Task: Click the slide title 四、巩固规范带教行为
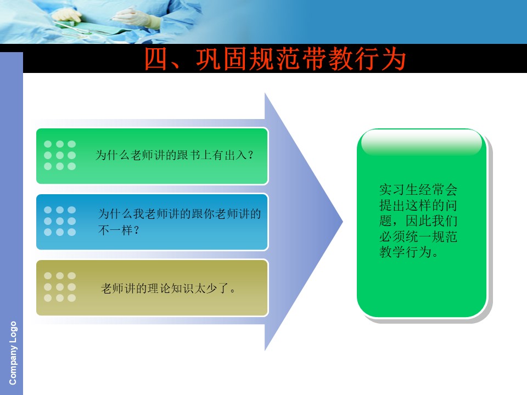[275, 59]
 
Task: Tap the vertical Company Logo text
[13, 353]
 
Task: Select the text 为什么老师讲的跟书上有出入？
[175, 155]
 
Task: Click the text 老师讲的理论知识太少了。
[169, 288]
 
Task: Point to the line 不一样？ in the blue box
[119, 230]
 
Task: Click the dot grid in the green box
[60, 155]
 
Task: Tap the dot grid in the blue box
[60, 221]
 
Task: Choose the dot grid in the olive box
[60, 287]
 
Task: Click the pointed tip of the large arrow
[343, 221]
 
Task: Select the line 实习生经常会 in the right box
[418, 189]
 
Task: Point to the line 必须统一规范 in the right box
[418, 236]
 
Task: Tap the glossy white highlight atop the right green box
[422, 143]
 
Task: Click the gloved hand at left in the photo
[67, 15]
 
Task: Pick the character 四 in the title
[156, 59]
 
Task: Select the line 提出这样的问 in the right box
[418, 205]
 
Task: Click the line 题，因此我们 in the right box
[418, 221]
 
